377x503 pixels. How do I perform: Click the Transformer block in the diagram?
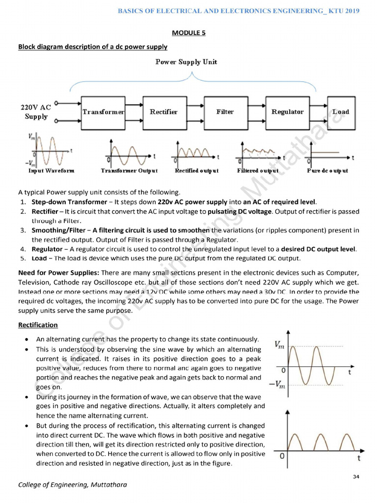point(104,112)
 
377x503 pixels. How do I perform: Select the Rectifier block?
point(164,112)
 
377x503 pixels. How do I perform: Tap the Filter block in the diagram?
point(225,112)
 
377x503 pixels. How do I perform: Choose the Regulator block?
point(287,112)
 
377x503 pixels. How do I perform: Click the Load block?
point(340,112)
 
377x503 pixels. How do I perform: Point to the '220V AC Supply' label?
point(36,112)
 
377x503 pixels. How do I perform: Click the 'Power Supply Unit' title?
point(186,62)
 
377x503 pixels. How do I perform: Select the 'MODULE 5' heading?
point(188,33)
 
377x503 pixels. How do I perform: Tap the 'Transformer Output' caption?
point(129,171)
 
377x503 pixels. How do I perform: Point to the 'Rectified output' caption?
point(196,171)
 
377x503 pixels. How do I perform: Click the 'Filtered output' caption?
point(258,171)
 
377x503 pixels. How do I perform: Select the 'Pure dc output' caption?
point(327,171)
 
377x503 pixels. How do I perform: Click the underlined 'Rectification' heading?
point(38,325)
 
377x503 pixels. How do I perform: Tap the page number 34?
point(356,477)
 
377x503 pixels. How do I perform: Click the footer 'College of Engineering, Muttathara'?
point(72,485)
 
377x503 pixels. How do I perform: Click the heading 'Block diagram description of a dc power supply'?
point(93,47)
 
